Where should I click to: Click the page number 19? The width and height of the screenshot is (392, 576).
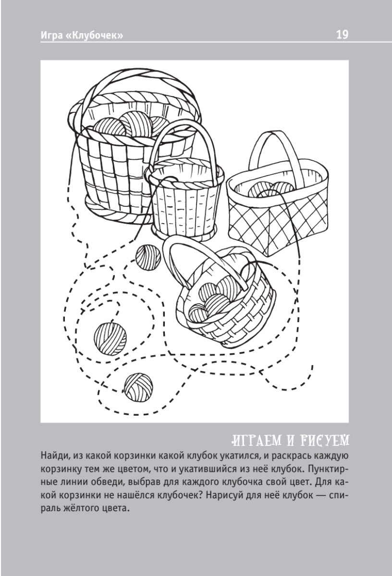[x=343, y=34]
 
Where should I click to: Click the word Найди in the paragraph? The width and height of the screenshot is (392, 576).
[x=54, y=456]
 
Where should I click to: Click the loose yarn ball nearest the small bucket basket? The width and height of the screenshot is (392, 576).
[x=148, y=257]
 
